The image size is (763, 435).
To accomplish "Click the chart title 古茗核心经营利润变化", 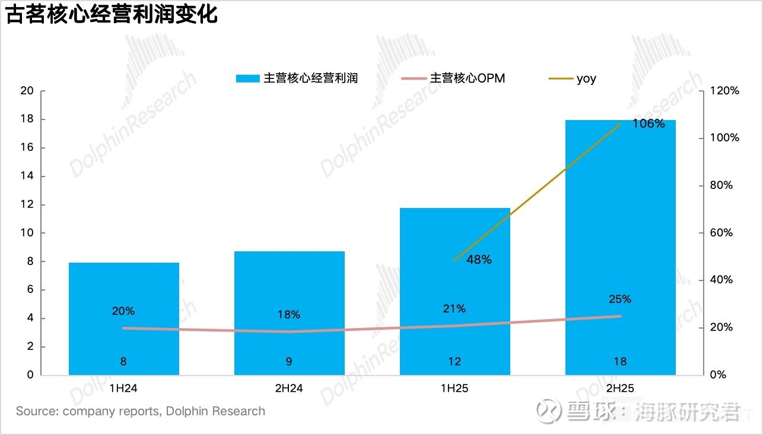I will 112,15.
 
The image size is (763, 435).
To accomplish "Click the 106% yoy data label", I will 648,124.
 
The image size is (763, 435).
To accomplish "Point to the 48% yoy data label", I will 479,260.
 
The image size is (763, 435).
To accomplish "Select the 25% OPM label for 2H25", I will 619,299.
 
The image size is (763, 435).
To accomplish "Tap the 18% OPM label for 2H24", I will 289,314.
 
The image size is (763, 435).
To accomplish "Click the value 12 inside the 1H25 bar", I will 454,361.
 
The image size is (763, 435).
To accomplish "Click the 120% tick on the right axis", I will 726,91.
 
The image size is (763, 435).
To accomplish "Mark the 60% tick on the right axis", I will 722,233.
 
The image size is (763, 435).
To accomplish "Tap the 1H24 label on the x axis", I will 123,389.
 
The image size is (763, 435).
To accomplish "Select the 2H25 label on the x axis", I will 620,389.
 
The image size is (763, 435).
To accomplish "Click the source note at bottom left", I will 140,411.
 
